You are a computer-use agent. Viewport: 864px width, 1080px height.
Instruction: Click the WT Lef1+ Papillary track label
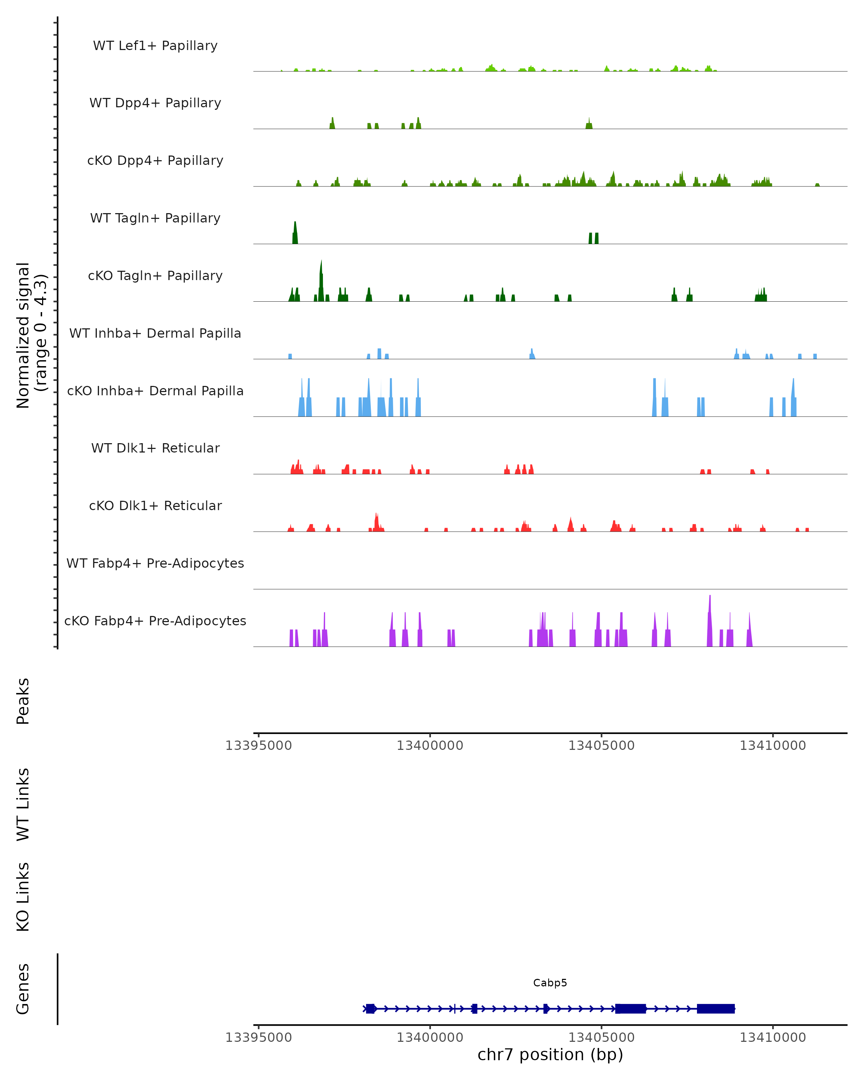[155, 46]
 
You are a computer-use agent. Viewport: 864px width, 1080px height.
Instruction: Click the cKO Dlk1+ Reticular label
[155, 505]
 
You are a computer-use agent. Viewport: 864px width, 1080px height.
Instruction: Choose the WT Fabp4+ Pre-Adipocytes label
[155, 563]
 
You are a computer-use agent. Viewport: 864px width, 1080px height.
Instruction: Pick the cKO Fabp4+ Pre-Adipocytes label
[155, 621]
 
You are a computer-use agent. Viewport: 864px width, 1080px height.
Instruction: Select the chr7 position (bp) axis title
[550, 1054]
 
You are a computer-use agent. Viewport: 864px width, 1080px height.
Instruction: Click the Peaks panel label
[23, 701]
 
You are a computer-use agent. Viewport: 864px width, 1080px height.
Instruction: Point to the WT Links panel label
[23, 804]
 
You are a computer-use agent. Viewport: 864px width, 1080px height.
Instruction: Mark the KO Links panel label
[23, 897]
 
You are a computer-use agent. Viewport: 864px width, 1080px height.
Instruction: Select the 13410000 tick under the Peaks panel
[773, 746]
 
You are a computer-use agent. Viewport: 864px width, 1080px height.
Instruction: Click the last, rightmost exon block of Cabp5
[716, 1008]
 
